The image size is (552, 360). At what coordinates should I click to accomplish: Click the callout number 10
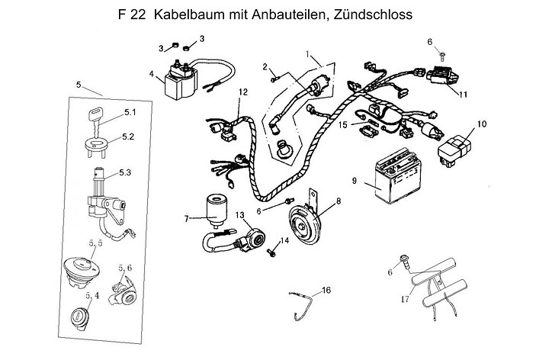coord(481,123)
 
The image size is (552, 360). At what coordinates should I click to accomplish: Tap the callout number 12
coord(242,92)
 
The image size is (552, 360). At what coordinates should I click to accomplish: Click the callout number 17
coord(405,299)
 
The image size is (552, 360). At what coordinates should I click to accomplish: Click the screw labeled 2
coord(276,74)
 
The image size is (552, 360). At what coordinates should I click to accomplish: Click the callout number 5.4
coord(92,294)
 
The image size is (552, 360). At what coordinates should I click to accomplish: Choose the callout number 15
coord(343,124)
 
